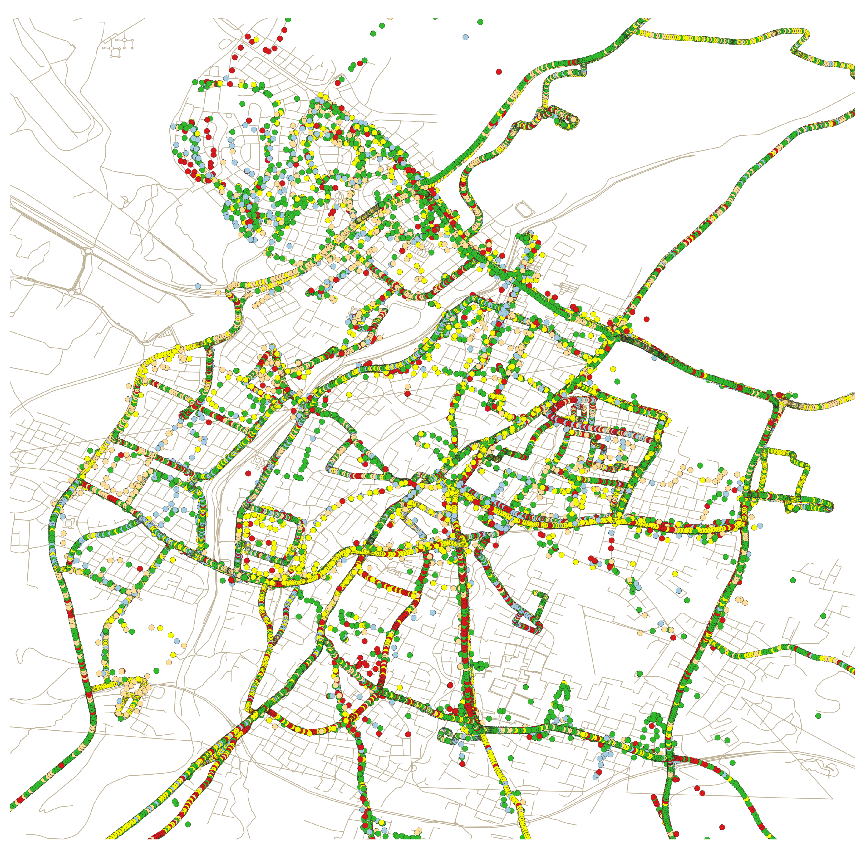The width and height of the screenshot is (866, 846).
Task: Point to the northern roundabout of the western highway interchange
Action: pos(87,251)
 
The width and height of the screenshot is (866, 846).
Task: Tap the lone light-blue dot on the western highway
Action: pos(198,286)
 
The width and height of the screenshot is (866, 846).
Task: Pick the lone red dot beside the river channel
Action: pos(248,474)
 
